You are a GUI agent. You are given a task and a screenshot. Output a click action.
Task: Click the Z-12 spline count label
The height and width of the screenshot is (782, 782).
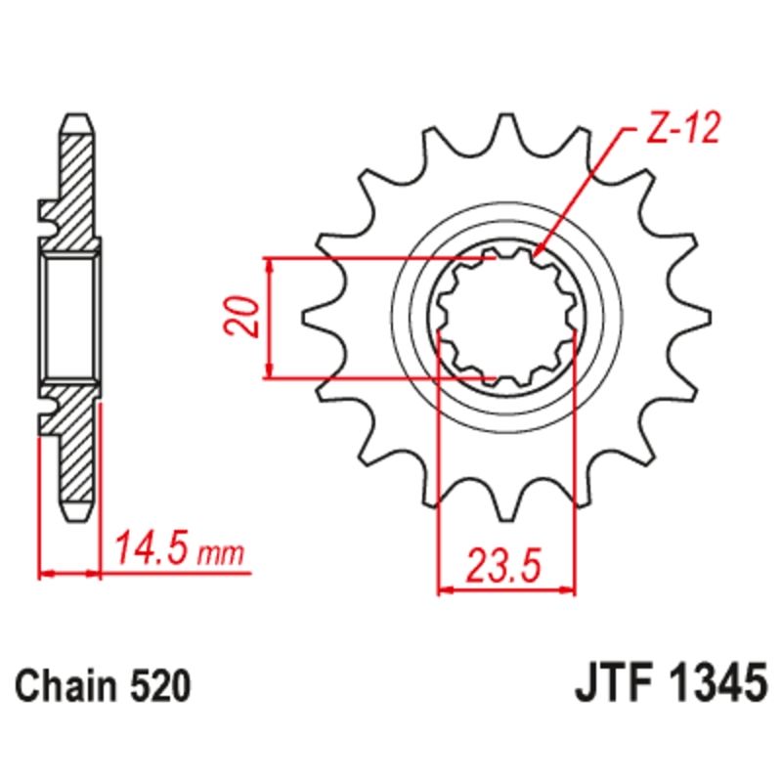click(x=681, y=131)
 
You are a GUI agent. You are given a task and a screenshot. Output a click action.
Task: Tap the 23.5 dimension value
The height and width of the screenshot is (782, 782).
click(x=504, y=566)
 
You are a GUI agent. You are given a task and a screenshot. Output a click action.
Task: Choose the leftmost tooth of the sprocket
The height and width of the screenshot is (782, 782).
click(x=320, y=318)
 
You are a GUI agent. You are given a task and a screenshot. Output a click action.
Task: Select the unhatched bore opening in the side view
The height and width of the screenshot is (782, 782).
click(x=70, y=317)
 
